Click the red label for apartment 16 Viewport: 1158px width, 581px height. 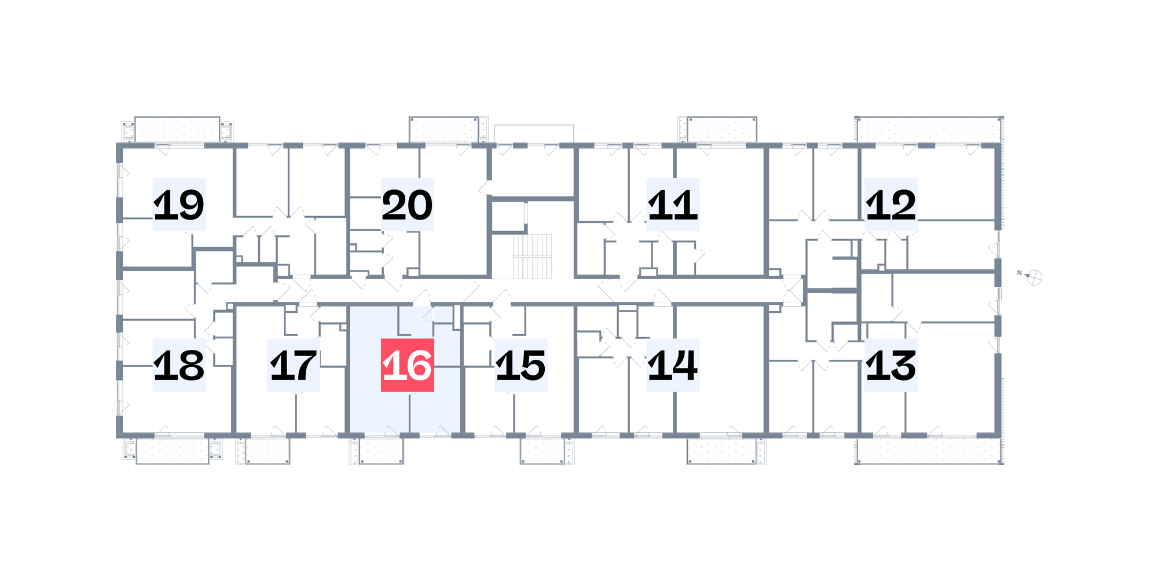[x=407, y=365]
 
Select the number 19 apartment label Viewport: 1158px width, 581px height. [x=179, y=204]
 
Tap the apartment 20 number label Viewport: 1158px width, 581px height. [x=407, y=204]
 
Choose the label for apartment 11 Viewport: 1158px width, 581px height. [x=673, y=204]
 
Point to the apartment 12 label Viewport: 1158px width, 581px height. [x=891, y=204]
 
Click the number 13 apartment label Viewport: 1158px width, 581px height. [x=891, y=365]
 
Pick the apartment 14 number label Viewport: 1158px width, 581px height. [x=673, y=365]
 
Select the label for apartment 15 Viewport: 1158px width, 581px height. [x=521, y=365]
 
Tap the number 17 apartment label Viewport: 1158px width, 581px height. [x=293, y=365]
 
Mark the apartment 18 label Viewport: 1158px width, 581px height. [x=179, y=365]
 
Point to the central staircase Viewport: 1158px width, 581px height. [x=532, y=256]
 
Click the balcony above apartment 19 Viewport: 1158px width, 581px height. [x=177, y=129]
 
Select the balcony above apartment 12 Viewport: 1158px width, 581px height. [x=929, y=129]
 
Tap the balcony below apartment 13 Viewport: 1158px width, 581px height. [x=929, y=451]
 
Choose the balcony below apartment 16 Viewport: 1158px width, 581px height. [x=381, y=451]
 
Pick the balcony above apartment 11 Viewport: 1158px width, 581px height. [x=721, y=129]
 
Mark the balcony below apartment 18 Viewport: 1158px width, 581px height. [x=173, y=451]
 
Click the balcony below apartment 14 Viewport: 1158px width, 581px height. [x=721, y=451]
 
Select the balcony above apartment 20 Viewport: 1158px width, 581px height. [x=444, y=129]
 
